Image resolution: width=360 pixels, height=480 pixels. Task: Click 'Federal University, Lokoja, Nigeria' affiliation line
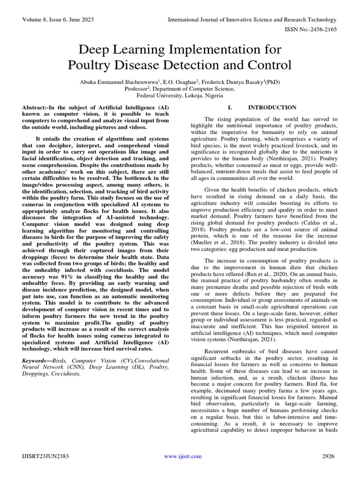[x=180, y=94]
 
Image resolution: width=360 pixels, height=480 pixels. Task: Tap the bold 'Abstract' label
[x=36, y=108]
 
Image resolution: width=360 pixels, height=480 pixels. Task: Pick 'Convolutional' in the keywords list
[x=149, y=360]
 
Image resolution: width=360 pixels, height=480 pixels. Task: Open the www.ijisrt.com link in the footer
[x=183, y=456]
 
